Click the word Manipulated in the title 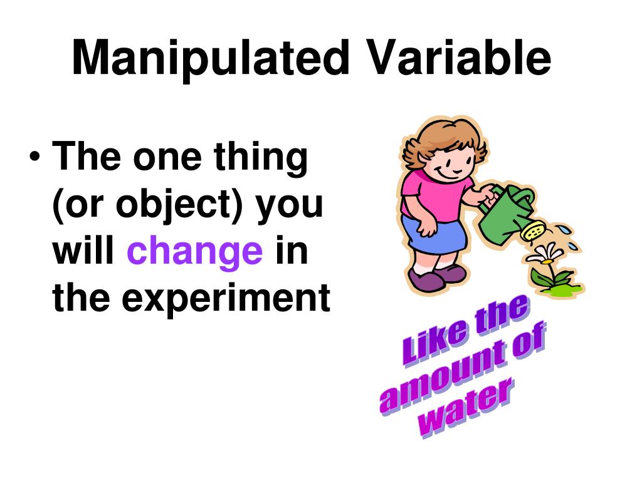209,58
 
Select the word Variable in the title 460,58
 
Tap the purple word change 195,251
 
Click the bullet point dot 35,157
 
